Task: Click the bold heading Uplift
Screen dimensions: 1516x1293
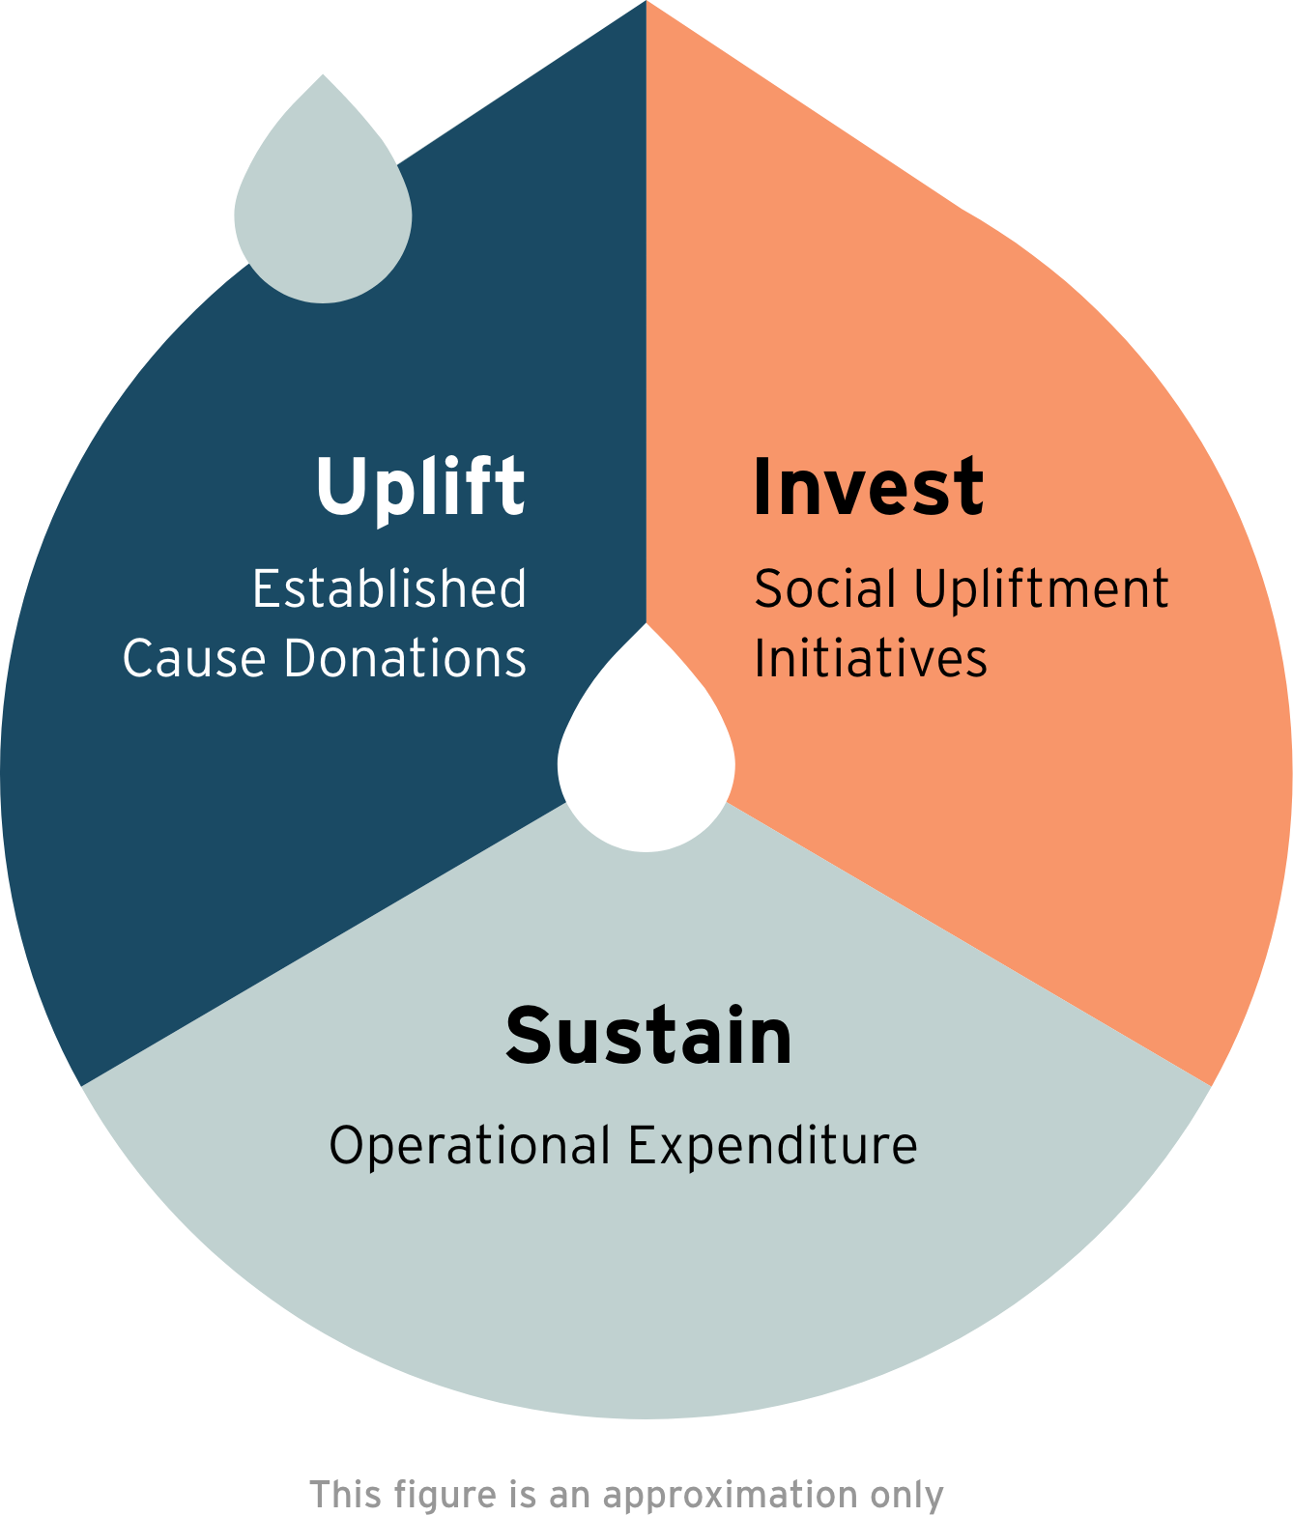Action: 420,488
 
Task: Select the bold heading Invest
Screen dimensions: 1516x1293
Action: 868,488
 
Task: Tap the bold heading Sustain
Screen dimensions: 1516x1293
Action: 648,1036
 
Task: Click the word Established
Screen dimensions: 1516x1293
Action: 389,588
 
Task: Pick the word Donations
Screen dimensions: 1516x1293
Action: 405,659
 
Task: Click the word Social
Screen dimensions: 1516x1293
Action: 825,588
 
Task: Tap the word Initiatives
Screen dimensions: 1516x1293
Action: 871,659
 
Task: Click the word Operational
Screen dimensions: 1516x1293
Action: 470,1147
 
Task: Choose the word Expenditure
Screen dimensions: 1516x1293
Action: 772,1147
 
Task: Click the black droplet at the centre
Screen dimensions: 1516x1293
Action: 646,763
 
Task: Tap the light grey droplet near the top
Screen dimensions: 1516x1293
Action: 323,213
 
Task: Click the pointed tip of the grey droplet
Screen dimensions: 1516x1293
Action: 323,76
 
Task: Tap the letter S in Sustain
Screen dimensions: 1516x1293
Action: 530,1036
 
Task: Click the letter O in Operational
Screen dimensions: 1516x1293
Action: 346,1146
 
